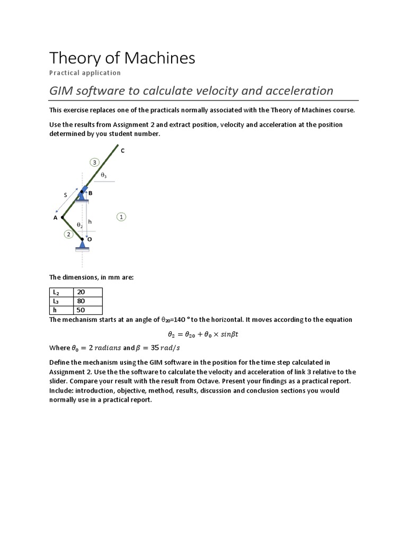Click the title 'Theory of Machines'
click(x=122, y=58)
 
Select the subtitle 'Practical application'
click(x=85, y=73)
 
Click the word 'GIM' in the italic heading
click(x=60, y=91)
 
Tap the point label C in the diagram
click(x=122, y=151)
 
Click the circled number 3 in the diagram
click(x=94, y=162)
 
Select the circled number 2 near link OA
click(x=68, y=234)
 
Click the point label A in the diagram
click(x=55, y=217)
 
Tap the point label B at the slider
click(x=90, y=194)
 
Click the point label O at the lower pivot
click(x=90, y=239)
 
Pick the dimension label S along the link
click(x=66, y=195)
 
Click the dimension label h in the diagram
click(x=90, y=221)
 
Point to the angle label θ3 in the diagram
click(x=104, y=174)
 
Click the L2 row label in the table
click(x=56, y=292)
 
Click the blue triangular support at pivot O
click(x=82, y=245)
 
